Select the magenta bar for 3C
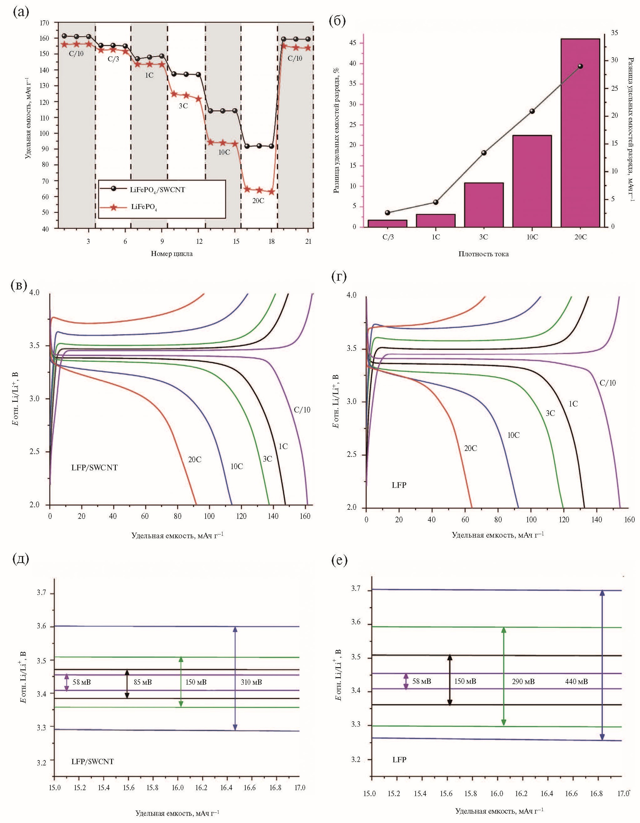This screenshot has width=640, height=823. [484, 205]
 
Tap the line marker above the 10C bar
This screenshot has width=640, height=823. [532, 111]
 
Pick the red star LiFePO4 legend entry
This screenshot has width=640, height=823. [144, 207]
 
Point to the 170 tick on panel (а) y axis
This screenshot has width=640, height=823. [44, 23]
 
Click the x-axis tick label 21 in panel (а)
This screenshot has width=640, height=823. [308, 242]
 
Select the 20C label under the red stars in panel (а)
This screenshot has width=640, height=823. [258, 201]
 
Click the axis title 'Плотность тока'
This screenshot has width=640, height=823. [483, 254]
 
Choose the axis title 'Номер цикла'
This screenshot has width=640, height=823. [172, 253]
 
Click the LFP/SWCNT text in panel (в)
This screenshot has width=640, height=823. [95, 468]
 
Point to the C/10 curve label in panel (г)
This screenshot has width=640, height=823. [607, 383]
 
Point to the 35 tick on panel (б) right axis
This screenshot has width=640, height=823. [614, 33]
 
